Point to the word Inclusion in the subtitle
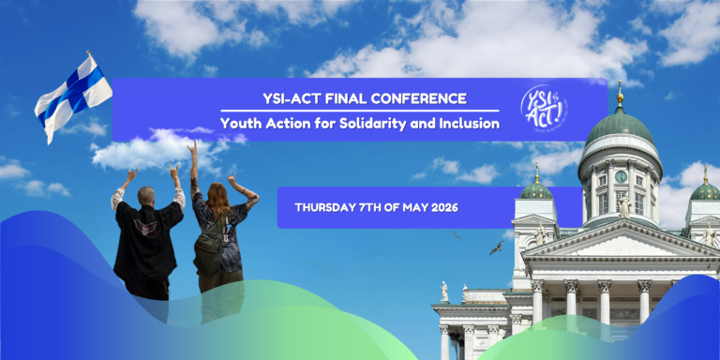[470, 123]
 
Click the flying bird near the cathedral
[495, 247]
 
